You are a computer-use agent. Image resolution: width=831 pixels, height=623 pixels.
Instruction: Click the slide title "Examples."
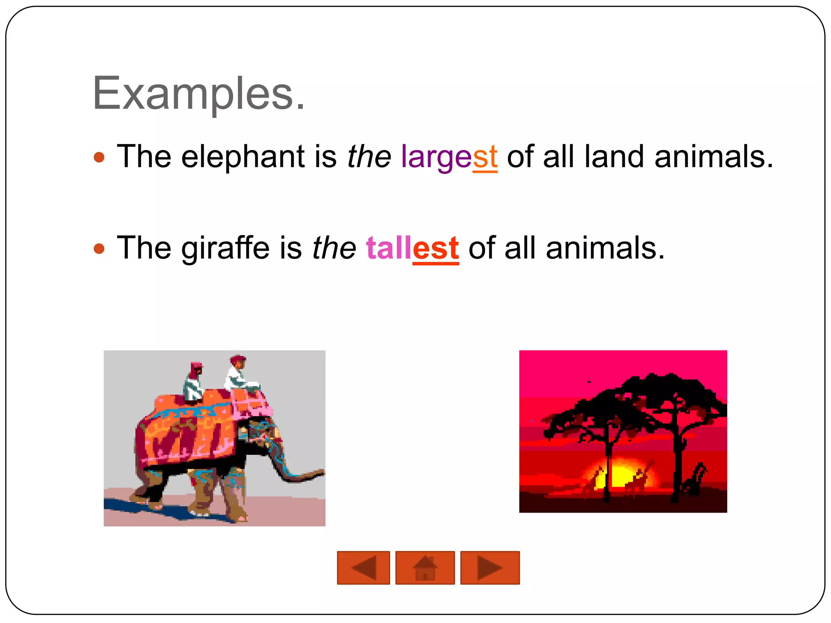[198, 94]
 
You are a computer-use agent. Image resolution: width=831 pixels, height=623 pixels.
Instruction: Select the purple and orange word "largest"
[449, 157]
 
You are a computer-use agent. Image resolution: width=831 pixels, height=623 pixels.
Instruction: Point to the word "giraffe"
[225, 248]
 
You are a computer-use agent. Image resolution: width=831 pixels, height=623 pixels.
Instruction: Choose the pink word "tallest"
[412, 248]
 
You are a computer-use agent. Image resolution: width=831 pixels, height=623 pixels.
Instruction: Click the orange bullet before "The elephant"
[99, 157]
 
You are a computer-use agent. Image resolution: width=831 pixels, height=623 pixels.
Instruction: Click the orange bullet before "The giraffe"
[99, 248]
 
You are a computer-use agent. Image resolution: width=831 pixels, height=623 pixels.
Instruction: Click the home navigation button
[425, 567]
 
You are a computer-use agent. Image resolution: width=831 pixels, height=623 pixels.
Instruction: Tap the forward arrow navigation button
[490, 567]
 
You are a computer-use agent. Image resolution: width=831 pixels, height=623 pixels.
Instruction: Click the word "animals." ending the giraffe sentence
[605, 248]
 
